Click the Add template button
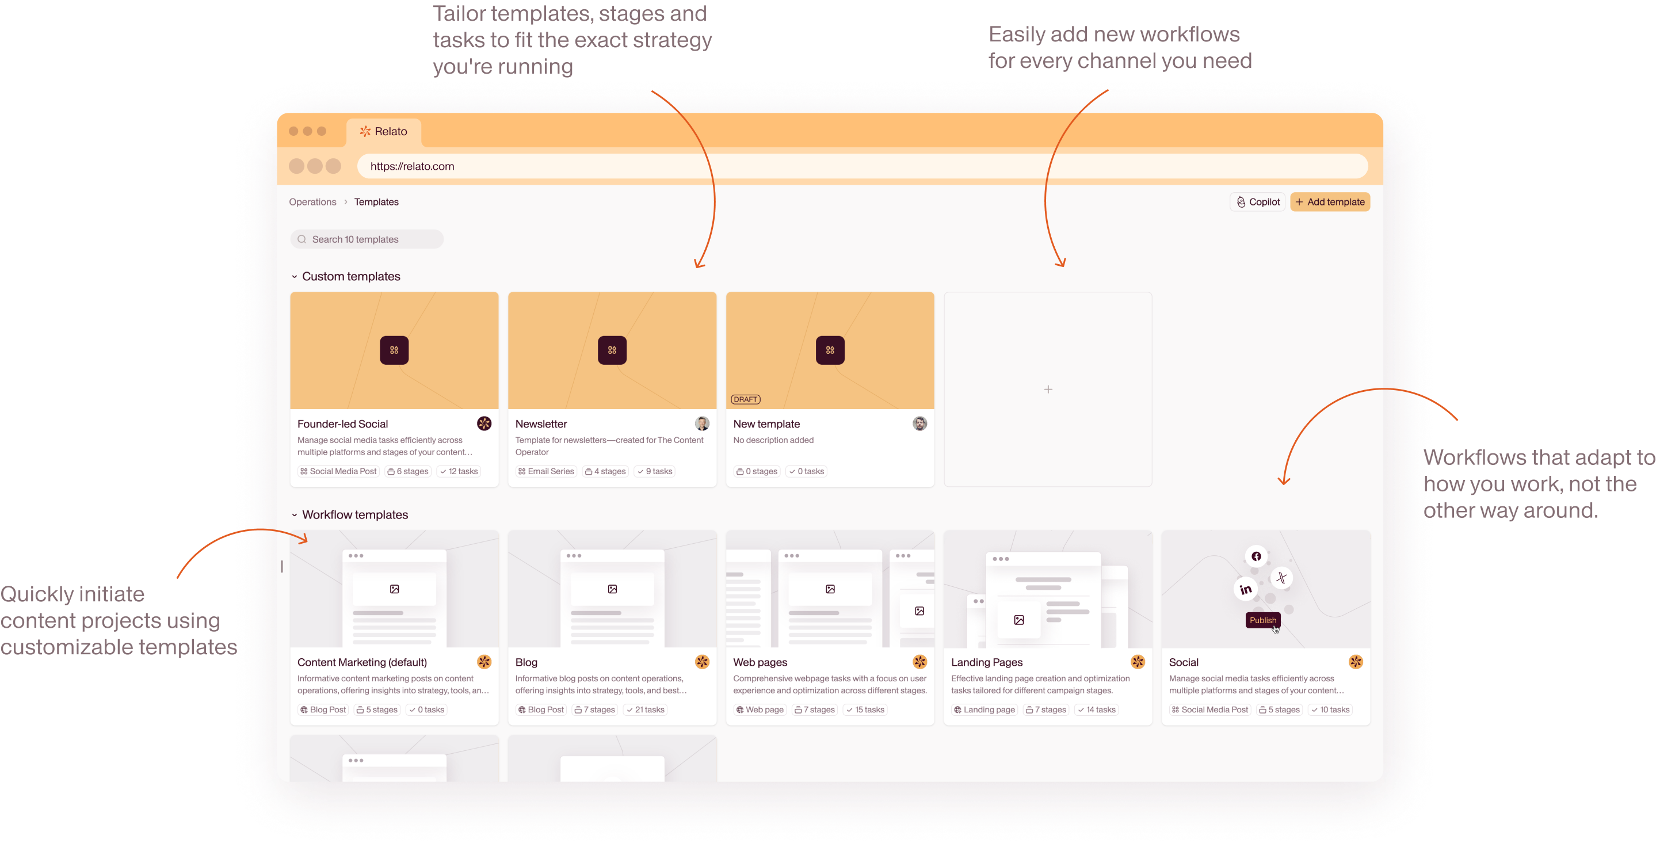pyautogui.click(x=1330, y=202)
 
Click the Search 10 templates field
pyautogui.click(x=367, y=239)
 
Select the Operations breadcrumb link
pyautogui.click(x=313, y=202)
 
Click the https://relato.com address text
pyautogui.click(x=412, y=166)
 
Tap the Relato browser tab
pyautogui.click(x=384, y=132)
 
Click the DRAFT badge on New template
pyautogui.click(x=745, y=399)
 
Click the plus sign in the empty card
pyautogui.click(x=1048, y=389)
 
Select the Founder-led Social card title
pyautogui.click(x=342, y=424)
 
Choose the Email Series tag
pyautogui.click(x=546, y=471)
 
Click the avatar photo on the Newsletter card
pyautogui.click(x=702, y=423)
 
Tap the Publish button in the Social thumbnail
pyautogui.click(x=1262, y=620)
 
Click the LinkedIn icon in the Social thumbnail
pyautogui.click(x=1246, y=589)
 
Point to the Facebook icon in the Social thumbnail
pyautogui.click(x=1256, y=556)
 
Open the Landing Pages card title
pyautogui.click(x=987, y=662)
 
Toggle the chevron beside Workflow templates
pyautogui.click(x=295, y=515)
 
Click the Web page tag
pyautogui.click(x=760, y=709)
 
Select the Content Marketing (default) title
pyautogui.click(x=362, y=662)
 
